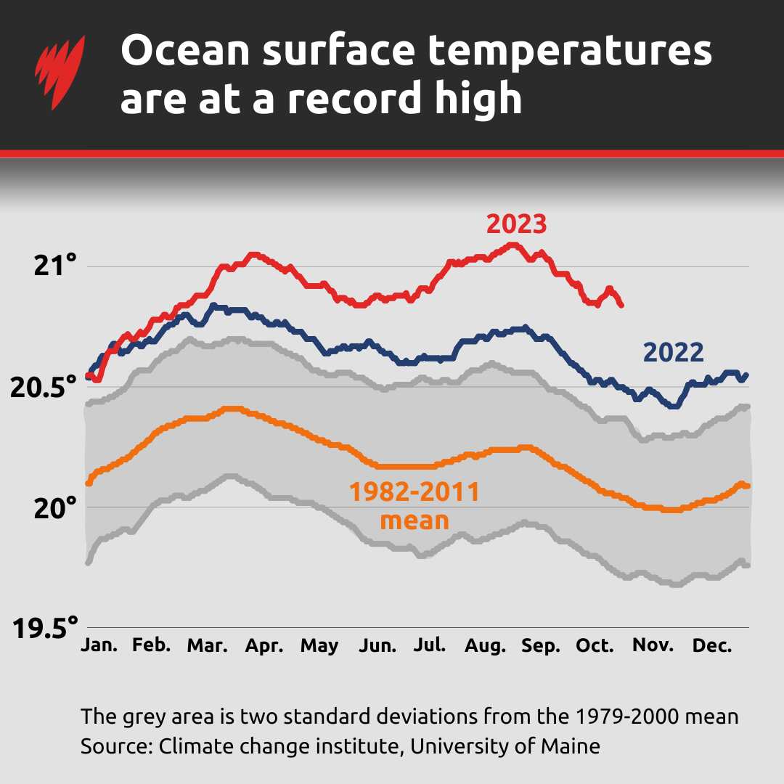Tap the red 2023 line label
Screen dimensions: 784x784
(x=515, y=224)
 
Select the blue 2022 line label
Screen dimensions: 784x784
(x=673, y=352)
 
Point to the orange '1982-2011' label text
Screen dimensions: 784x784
(x=415, y=493)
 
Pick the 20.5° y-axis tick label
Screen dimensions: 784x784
(x=44, y=387)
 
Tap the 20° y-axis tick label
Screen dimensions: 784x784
(x=54, y=507)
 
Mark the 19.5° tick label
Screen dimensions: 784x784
(x=44, y=627)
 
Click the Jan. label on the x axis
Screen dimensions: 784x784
(x=99, y=645)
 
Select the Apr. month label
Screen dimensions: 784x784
(x=264, y=645)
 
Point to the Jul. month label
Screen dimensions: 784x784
(x=429, y=645)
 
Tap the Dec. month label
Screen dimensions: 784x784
(x=712, y=645)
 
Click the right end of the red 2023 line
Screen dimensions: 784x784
(x=621, y=305)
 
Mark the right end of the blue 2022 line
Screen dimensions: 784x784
(x=746, y=375)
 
